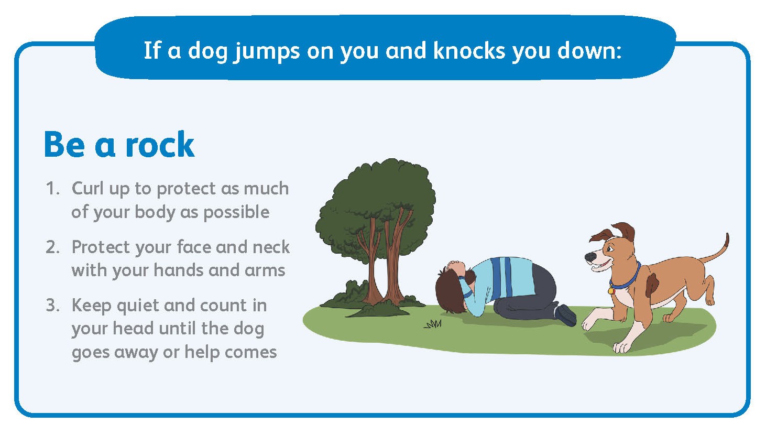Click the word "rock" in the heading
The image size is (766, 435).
pyautogui.click(x=160, y=144)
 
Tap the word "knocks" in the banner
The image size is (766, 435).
pyautogui.click(x=469, y=51)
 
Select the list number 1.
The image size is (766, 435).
pyautogui.click(x=53, y=189)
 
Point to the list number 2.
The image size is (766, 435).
pyautogui.click(x=53, y=247)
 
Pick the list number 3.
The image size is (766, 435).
pyautogui.click(x=53, y=306)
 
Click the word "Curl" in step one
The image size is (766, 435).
pyautogui.click(x=87, y=188)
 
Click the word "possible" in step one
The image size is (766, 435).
pyautogui.click(x=237, y=212)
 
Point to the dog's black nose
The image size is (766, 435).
pyautogui.click(x=589, y=257)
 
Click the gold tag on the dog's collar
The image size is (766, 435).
pyautogui.click(x=611, y=291)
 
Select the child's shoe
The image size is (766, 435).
pyautogui.click(x=566, y=315)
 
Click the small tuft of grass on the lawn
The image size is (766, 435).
pyautogui.click(x=433, y=323)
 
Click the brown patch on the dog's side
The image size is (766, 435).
pyautogui.click(x=651, y=284)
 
